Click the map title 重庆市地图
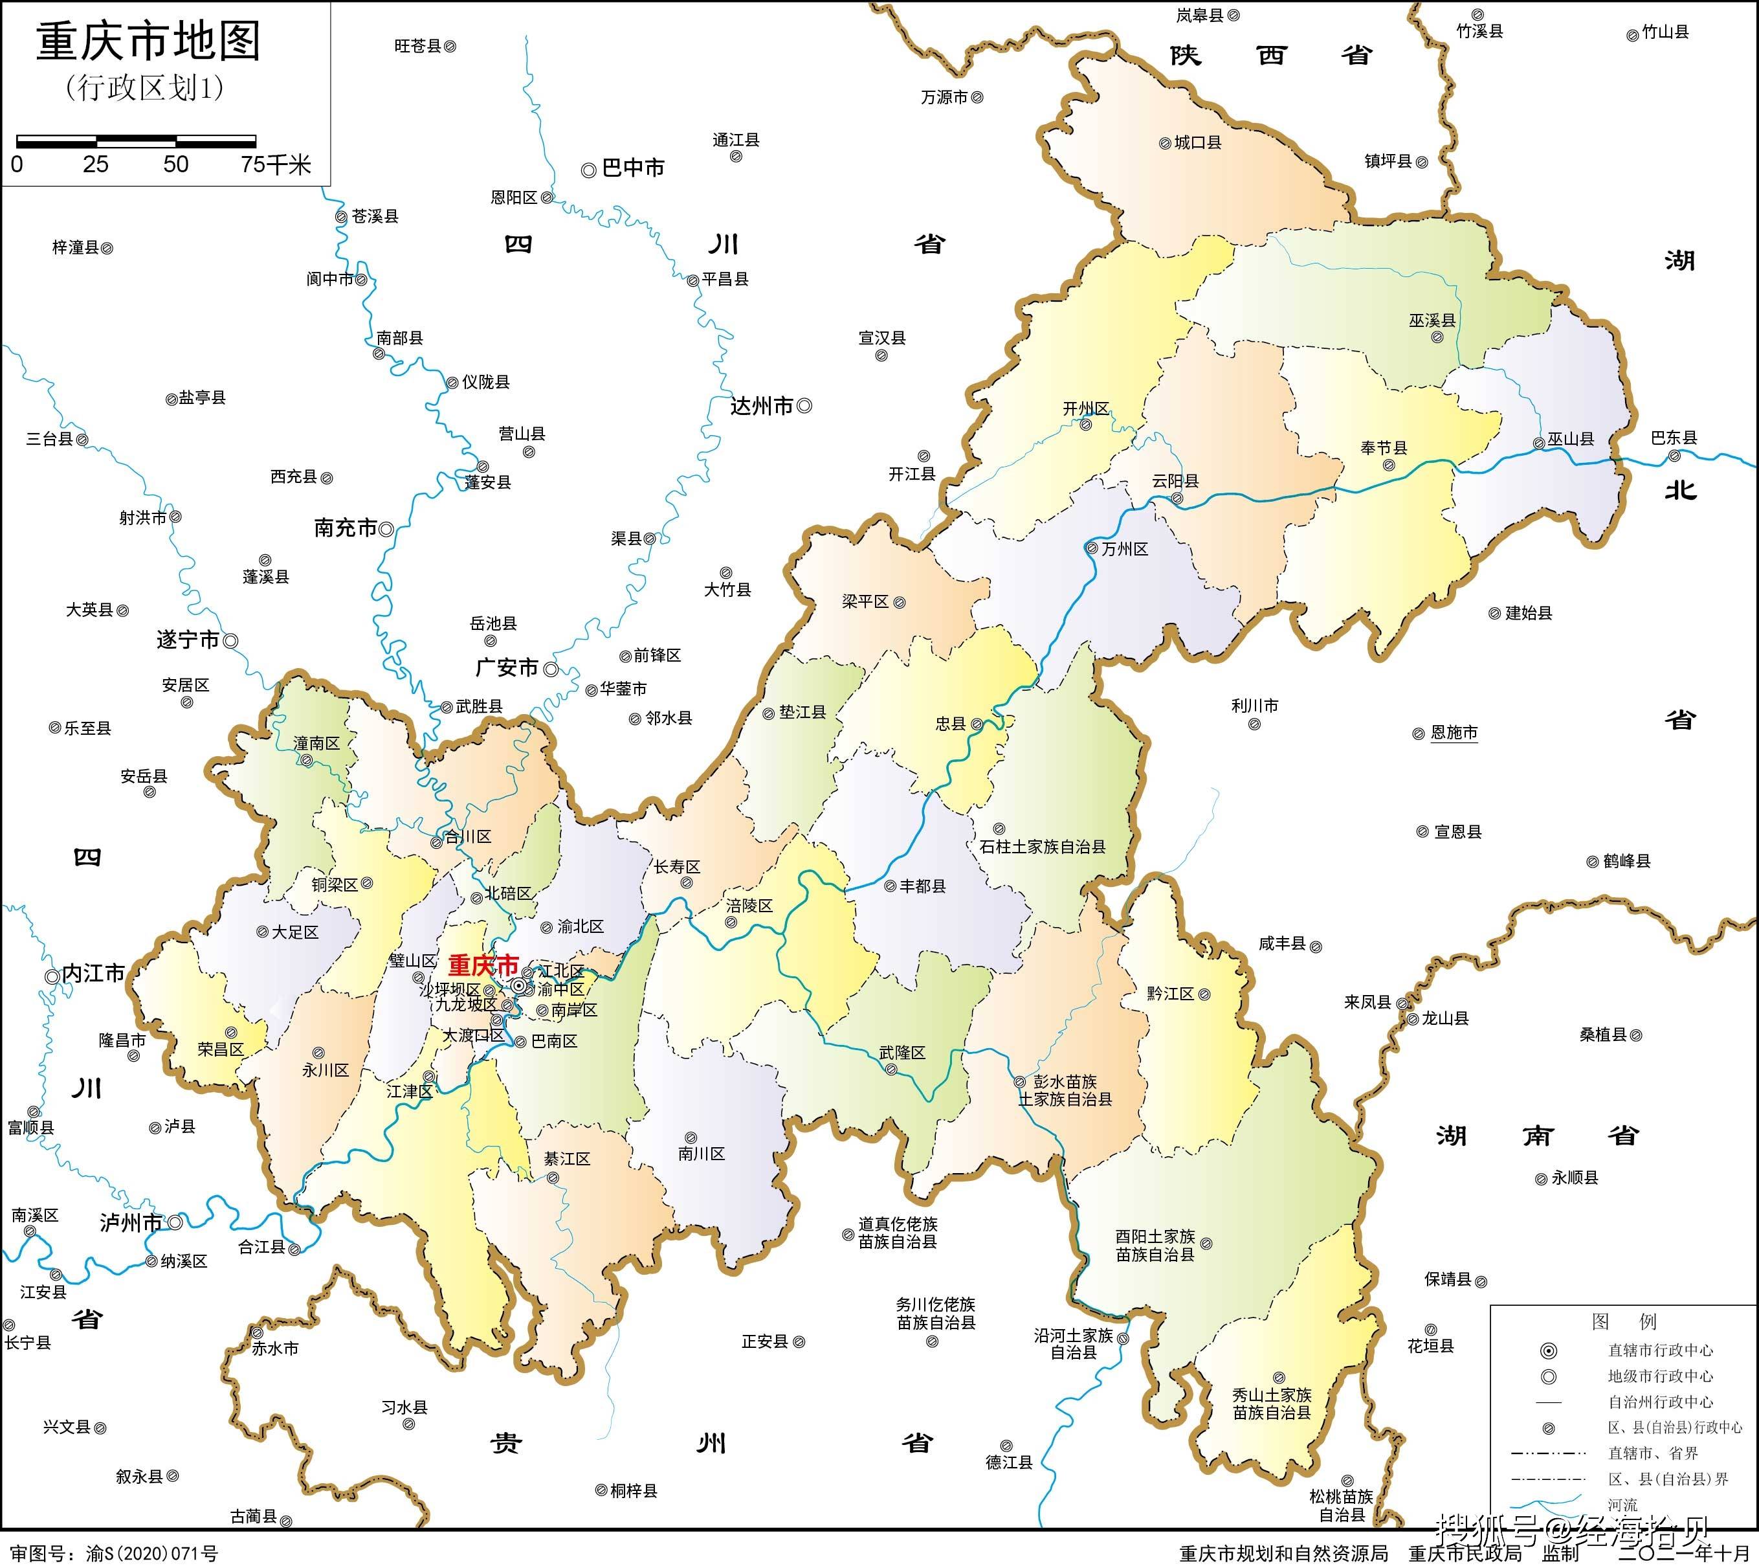coord(148,42)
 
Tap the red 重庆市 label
coord(483,965)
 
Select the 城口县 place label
coord(1197,142)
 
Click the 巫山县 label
coord(1571,438)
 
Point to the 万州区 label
coord(1124,549)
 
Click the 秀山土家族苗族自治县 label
coord(1272,1404)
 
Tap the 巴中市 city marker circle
coord(588,170)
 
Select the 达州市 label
coord(762,406)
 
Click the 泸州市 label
coord(131,1222)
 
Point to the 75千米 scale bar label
coord(276,164)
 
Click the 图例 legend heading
coord(1624,1321)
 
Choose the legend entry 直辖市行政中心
coord(1660,1350)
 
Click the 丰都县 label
coord(923,886)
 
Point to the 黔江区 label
coord(1170,993)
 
